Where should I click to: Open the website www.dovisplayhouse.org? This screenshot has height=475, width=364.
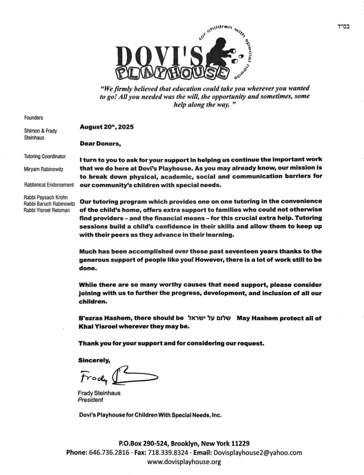point(184,462)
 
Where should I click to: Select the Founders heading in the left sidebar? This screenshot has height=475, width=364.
point(34,117)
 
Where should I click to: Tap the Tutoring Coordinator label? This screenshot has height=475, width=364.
point(45,157)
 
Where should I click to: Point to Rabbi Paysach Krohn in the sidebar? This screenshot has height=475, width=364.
point(46,198)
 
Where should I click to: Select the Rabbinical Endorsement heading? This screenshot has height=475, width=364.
point(49,185)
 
